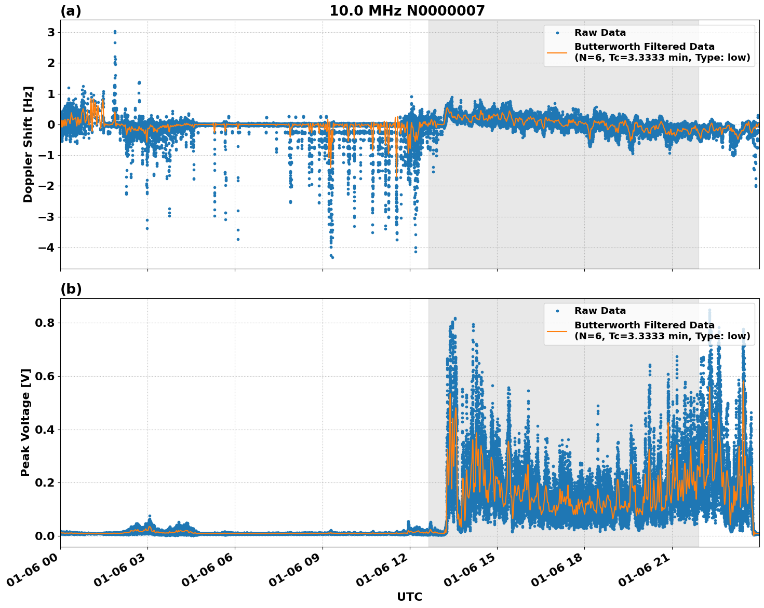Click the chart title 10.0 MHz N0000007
[407, 11]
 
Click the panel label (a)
[71, 11]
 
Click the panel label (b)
[71, 289]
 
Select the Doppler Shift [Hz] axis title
[28, 144]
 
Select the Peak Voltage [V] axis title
[25, 422]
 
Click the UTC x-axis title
[409, 597]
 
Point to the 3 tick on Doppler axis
[51, 32]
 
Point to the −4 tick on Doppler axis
[47, 247]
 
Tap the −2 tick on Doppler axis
[47, 186]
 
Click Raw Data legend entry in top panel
[600, 33]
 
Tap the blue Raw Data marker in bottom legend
[557, 311]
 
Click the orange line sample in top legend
[557, 52]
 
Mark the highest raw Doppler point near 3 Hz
[115, 32]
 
